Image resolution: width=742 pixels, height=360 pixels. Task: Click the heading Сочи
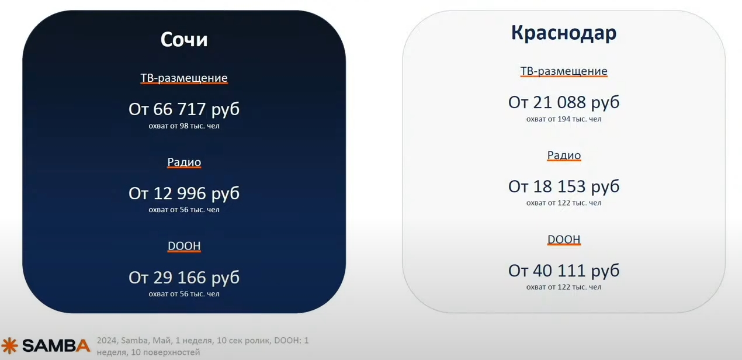[184, 39]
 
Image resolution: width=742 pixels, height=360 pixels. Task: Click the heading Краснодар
[563, 33]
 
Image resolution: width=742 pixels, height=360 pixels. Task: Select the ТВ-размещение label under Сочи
[184, 78]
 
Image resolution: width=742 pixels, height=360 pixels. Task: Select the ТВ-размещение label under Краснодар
[564, 71]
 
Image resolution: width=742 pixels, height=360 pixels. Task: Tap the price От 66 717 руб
[184, 109]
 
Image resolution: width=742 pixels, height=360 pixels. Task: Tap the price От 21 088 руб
[564, 102]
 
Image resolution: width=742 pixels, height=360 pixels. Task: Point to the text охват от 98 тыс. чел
[184, 126]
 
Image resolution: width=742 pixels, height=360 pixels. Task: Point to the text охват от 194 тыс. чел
[564, 119]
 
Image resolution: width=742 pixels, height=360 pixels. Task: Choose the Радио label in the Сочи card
[184, 162]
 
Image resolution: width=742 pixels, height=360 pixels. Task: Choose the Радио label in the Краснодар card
[564, 155]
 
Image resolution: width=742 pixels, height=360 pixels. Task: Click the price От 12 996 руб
[184, 193]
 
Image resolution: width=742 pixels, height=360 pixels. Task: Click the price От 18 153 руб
[564, 186]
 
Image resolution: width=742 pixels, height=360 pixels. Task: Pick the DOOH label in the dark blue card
[184, 246]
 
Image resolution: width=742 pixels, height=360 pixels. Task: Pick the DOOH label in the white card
[564, 239]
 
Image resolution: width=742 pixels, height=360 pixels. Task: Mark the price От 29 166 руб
[184, 278]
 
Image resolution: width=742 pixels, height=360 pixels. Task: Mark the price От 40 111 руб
[564, 271]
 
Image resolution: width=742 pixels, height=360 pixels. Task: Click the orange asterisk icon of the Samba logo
[10, 345]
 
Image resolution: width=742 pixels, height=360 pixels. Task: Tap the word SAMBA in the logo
[56, 345]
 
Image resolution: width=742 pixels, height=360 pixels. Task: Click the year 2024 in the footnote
[107, 341]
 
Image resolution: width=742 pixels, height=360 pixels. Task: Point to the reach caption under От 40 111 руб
[564, 287]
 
